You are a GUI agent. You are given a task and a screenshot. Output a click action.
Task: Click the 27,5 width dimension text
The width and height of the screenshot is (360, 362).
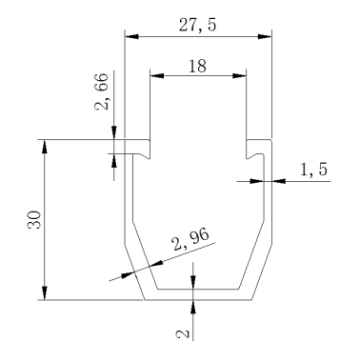(x=197, y=26)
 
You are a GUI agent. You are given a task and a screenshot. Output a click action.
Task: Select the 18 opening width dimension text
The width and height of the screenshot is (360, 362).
(x=197, y=66)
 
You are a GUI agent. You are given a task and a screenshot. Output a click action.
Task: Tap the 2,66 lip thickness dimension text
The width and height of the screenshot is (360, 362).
(x=102, y=91)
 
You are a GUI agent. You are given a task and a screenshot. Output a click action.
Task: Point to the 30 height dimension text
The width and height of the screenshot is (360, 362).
(x=34, y=219)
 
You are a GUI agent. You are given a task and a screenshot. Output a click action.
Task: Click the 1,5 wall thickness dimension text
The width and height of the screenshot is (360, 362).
(x=313, y=170)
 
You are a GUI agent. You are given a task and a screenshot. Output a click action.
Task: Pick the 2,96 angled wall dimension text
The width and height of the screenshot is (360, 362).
(x=190, y=239)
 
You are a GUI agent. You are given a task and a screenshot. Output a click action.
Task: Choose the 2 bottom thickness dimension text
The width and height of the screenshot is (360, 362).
(x=183, y=334)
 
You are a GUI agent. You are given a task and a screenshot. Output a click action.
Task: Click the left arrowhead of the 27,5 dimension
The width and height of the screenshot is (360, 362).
(x=132, y=36)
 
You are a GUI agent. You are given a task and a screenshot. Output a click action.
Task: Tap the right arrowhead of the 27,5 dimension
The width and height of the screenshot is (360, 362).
(x=265, y=36)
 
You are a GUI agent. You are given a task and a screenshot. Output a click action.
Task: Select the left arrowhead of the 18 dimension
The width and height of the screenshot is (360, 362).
(x=157, y=75)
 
